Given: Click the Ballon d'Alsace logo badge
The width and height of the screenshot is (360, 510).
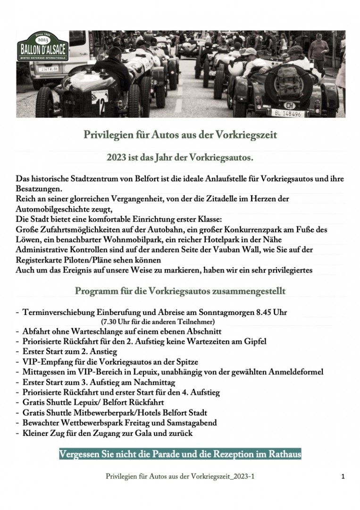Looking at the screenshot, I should click(41, 46).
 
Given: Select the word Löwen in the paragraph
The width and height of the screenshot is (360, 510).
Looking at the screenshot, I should click(27, 239).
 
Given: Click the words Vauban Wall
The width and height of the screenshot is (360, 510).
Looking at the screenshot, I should click(239, 249).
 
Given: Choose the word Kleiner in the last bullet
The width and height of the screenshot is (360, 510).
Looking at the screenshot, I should click(35, 433).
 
